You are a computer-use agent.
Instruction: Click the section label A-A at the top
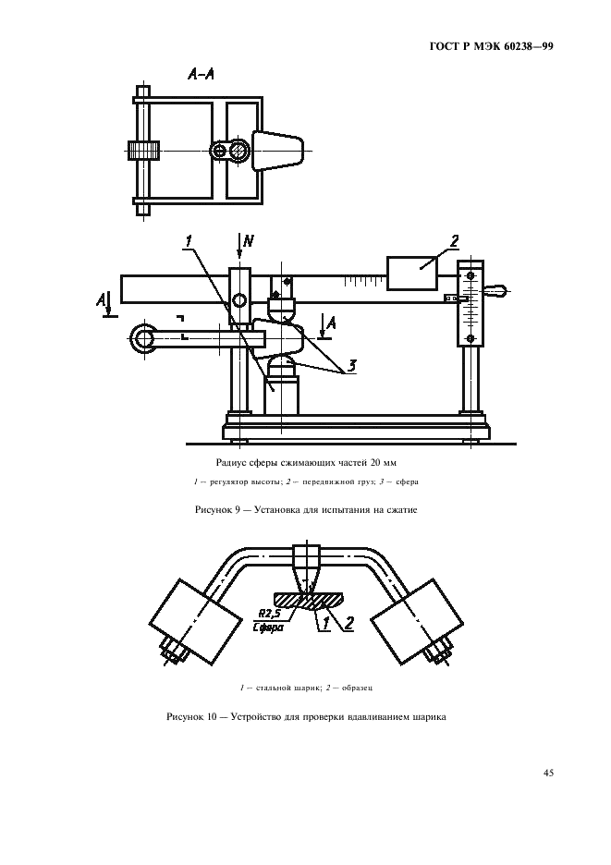click(x=201, y=75)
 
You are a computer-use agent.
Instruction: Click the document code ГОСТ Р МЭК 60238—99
click(x=491, y=47)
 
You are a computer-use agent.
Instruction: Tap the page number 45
click(x=548, y=773)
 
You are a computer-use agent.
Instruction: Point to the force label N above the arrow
click(x=249, y=240)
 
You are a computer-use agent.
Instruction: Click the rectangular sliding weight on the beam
click(x=413, y=273)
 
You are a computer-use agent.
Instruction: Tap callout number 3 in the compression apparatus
click(x=352, y=366)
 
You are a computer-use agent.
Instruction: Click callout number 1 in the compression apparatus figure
click(x=189, y=241)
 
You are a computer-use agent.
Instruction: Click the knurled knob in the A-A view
click(x=143, y=150)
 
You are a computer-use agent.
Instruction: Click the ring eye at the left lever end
click(x=144, y=338)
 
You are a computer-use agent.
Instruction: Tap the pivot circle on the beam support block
click(x=239, y=300)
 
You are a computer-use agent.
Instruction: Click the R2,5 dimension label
click(x=269, y=613)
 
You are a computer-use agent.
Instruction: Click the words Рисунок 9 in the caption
click(x=216, y=510)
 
